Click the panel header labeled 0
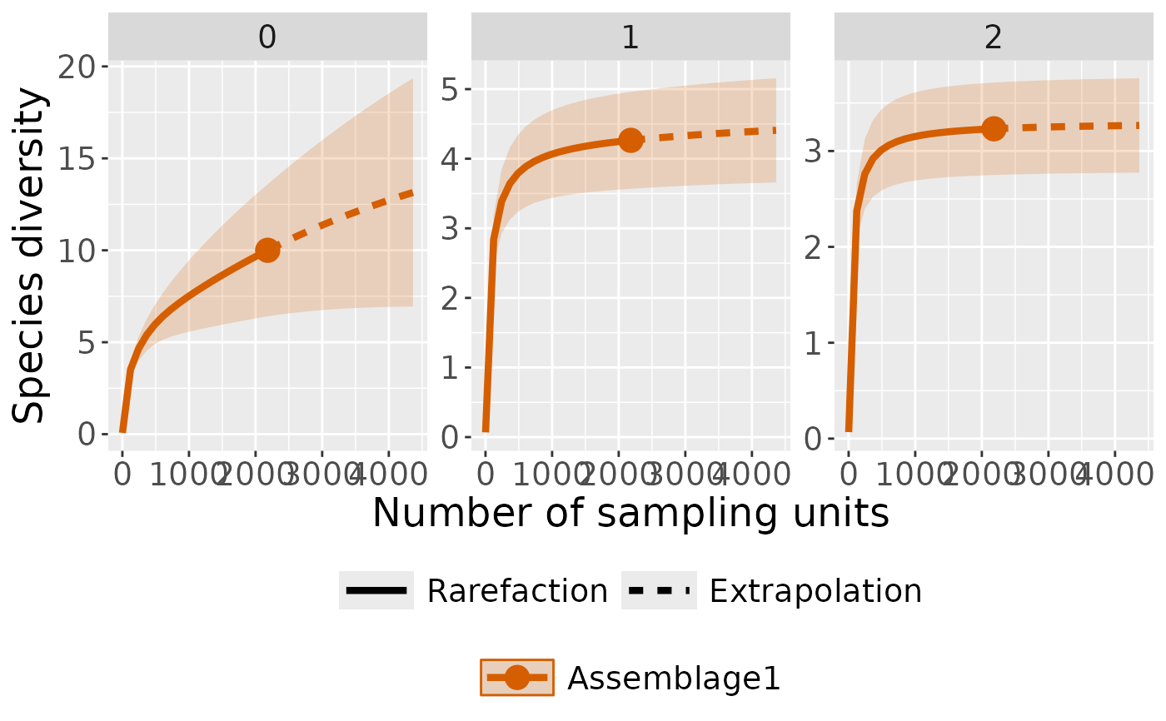tap(267, 38)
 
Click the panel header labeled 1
tap(630, 38)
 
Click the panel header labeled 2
tap(993, 38)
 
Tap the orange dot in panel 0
tap(267, 250)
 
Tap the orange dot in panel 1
tap(630, 140)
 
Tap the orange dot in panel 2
tap(993, 128)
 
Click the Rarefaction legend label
tap(517, 591)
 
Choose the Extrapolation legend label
tap(815, 591)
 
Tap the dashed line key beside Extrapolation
tap(659, 591)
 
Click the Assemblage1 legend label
tap(674, 679)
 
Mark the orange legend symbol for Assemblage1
tap(516, 679)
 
